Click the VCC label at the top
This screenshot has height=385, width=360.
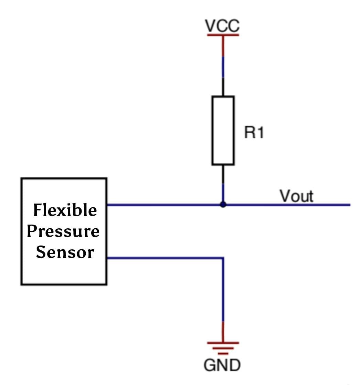tap(222, 25)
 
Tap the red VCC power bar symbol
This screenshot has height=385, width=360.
tap(223, 35)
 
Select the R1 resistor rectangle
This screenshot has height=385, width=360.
tap(223, 131)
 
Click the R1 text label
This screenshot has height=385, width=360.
tap(254, 133)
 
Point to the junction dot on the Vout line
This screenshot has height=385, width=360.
tap(223, 205)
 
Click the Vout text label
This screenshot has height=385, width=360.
tap(296, 196)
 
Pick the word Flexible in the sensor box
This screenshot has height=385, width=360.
tap(65, 210)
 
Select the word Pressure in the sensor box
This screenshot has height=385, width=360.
tap(63, 231)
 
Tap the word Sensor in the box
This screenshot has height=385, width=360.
tap(65, 252)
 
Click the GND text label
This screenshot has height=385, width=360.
tap(222, 365)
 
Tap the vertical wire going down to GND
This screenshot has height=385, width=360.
tap(223, 293)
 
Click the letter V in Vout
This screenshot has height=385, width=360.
tap(285, 196)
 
